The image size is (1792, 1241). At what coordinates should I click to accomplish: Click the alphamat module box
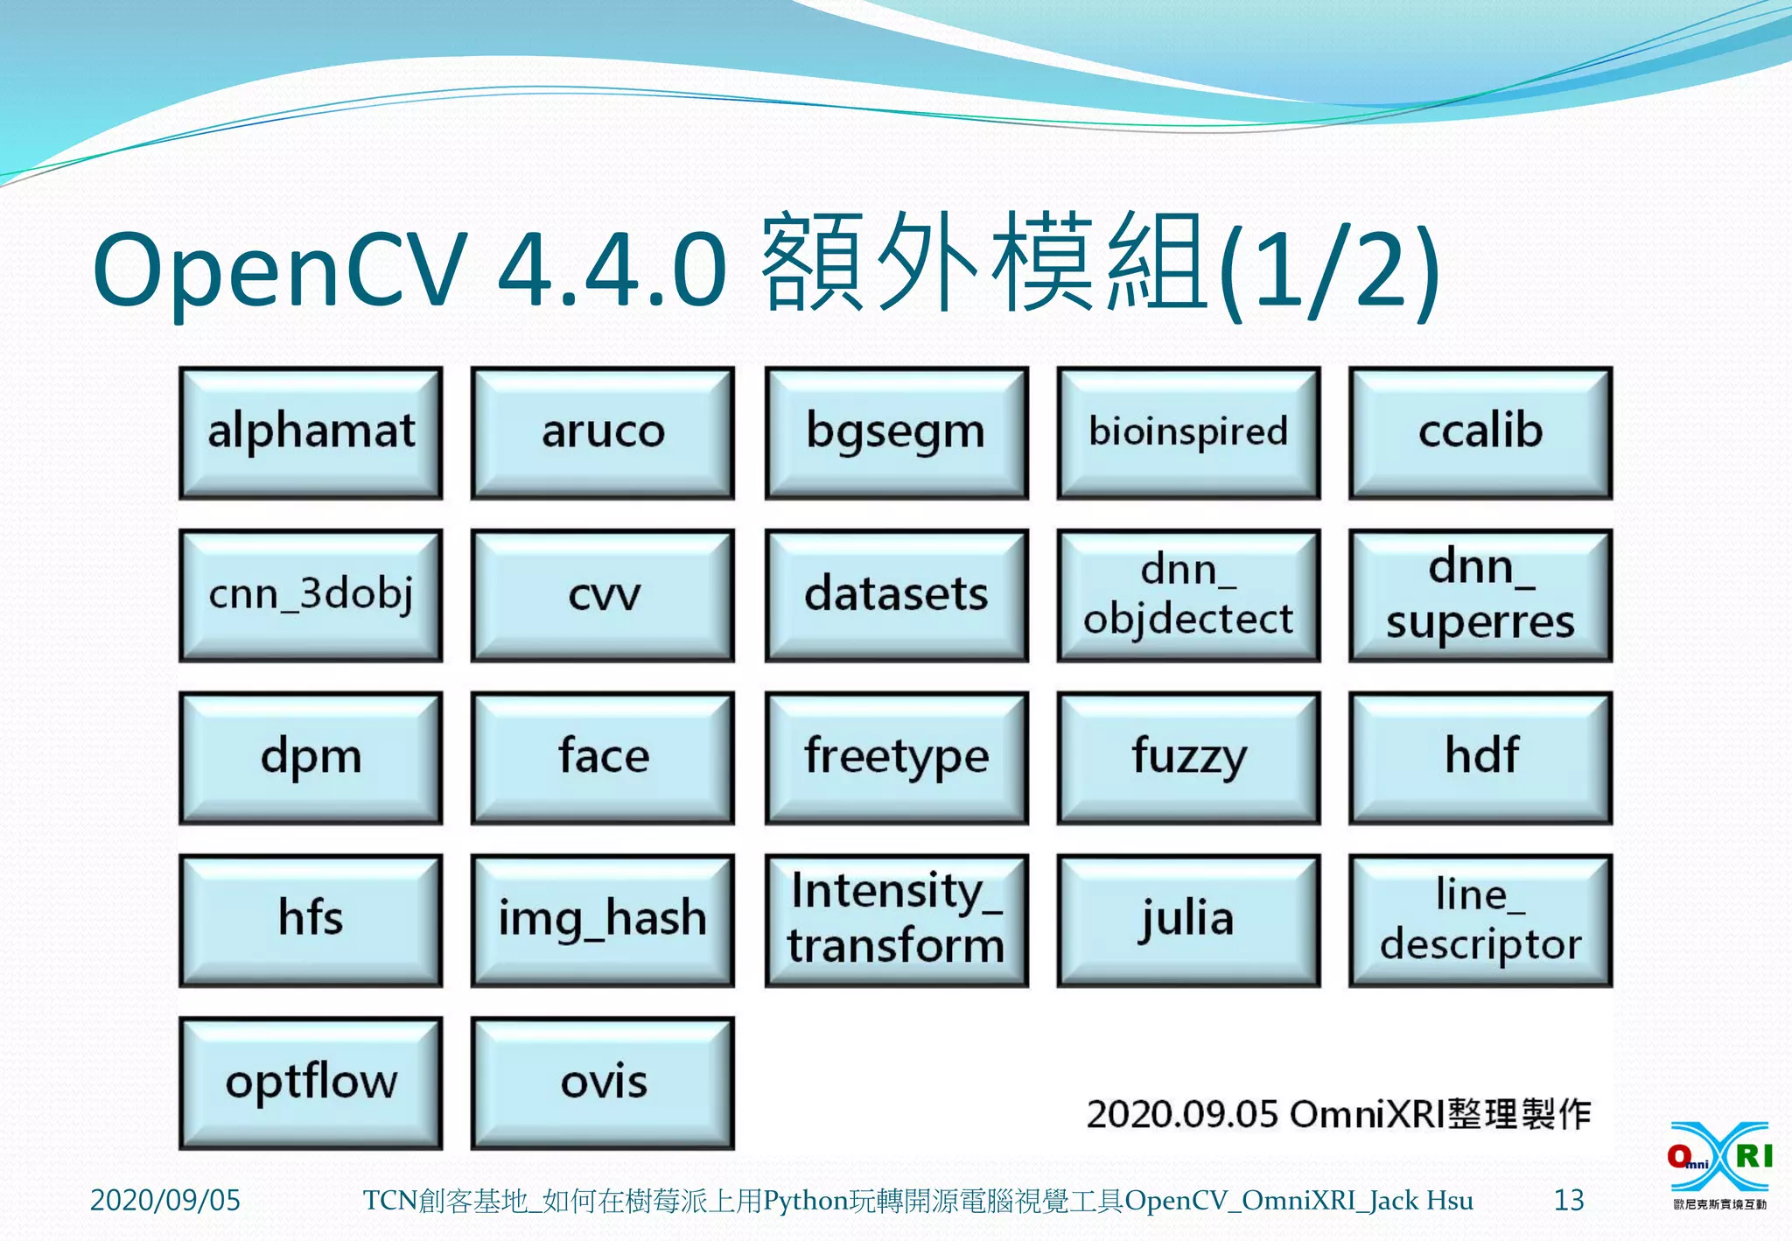click(x=311, y=432)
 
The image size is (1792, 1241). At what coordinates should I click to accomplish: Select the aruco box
click(x=603, y=432)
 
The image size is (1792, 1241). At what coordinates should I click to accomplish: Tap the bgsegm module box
click(x=896, y=432)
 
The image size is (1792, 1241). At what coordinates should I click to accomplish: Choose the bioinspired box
click(x=1188, y=432)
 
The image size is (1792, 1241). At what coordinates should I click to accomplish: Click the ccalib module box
click(x=1480, y=432)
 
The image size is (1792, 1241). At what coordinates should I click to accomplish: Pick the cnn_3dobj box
click(x=311, y=595)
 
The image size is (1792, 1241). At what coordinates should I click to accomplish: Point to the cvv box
click(x=603, y=595)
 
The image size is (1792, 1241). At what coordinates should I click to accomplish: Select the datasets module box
click(x=896, y=595)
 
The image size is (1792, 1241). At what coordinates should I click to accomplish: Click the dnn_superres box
click(x=1480, y=595)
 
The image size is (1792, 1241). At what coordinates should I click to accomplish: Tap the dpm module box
click(x=311, y=758)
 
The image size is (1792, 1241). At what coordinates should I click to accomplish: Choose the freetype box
click(x=896, y=758)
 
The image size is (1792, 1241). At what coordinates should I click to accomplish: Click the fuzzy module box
click(x=1188, y=758)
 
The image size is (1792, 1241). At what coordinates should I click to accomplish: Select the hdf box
click(x=1480, y=758)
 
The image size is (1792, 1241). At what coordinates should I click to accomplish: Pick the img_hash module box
click(x=603, y=921)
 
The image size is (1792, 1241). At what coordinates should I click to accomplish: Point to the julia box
click(x=1188, y=921)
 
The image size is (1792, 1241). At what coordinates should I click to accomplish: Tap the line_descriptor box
click(x=1480, y=921)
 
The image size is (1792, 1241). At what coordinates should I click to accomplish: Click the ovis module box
click(x=603, y=1083)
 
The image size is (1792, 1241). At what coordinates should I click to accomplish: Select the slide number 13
click(x=1568, y=1200)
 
